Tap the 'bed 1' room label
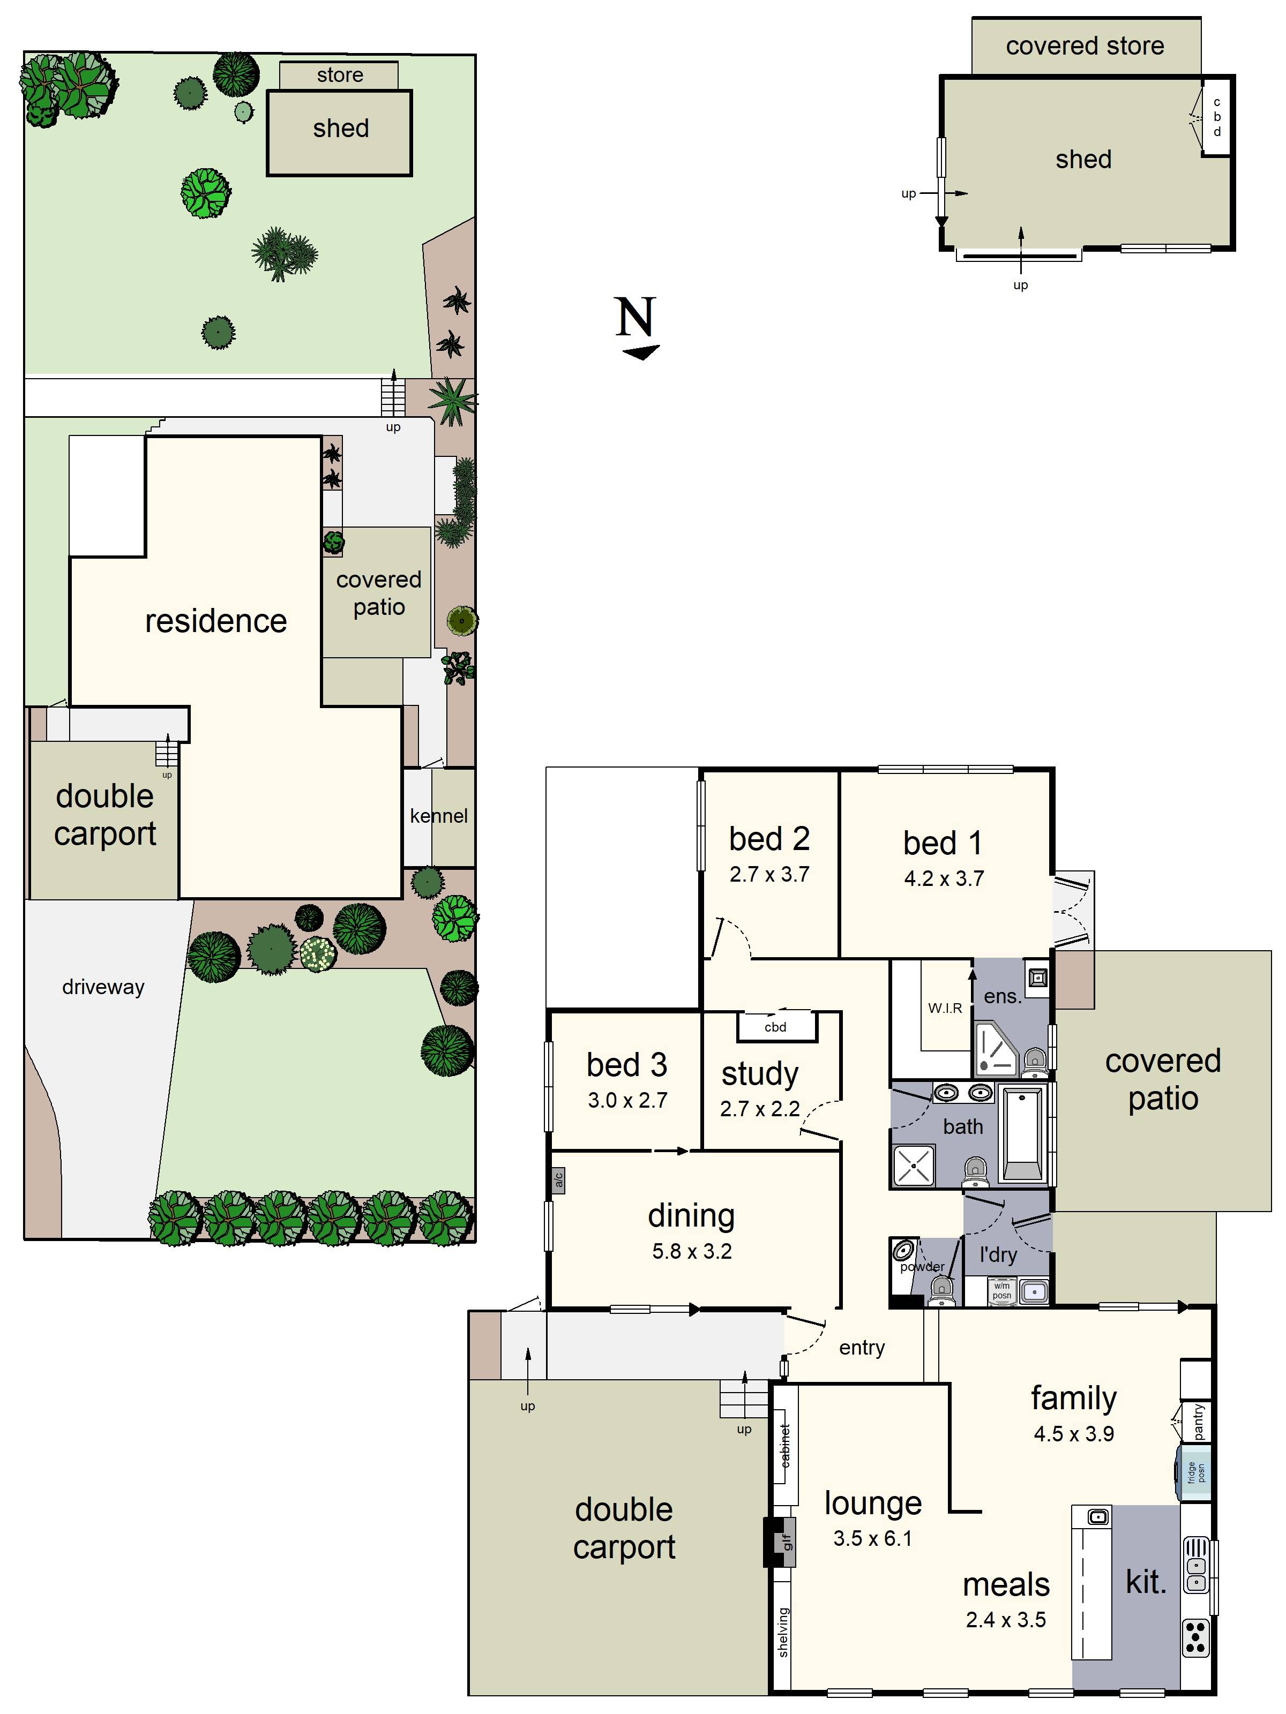(x=943, y=843)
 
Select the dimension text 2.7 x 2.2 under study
(x=760, y=1109)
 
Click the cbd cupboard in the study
(x=775, y=1027)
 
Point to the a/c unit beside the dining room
(x=558, y=1180)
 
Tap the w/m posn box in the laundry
(x=1001, y=1291)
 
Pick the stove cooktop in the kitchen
(x=1196, y=1637)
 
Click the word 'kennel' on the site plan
(x=439, y=816)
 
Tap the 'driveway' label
(x=103, y=987)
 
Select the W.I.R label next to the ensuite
(x=945, y=1008)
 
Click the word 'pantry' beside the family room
(x=1199, y=1422)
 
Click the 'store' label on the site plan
(x=340, y=75)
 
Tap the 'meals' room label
(x=1005, y=1584)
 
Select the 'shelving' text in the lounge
(x=783, y=1632)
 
